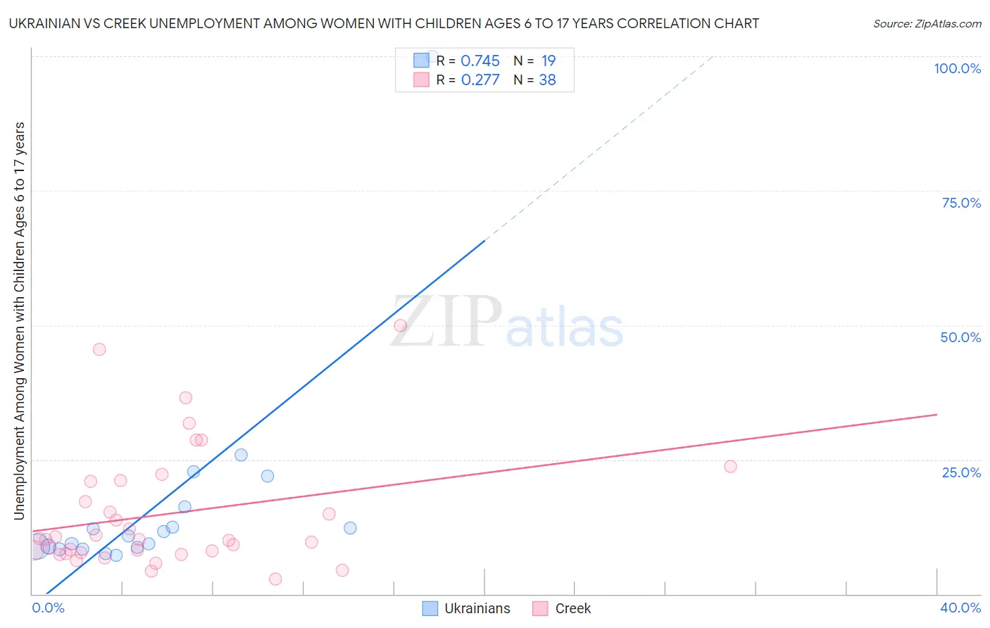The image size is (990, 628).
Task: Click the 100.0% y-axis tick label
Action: (957, 68)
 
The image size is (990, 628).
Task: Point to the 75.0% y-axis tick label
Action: (961, 203)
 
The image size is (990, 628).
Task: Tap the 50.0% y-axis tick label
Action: (960, 337)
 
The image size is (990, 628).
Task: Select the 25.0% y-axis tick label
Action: (961, 472)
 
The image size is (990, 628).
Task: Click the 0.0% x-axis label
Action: (49, 608)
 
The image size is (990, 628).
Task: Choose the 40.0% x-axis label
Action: (960, 608)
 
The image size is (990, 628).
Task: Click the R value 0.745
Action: (480, 61)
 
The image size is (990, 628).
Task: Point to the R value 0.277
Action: (480, 80)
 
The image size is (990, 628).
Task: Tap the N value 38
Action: (547, 80)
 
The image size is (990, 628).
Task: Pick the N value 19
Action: (548, 61)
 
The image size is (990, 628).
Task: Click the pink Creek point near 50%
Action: (401, 325)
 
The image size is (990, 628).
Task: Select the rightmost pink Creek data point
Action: (730, 466)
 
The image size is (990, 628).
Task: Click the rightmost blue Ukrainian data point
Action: (350, 528)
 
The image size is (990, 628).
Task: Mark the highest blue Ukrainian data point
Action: (241, 455)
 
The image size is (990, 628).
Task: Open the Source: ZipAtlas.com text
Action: (927, 23)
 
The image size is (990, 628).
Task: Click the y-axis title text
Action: (19, 321)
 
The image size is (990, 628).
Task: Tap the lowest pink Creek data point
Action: (275, 579)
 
